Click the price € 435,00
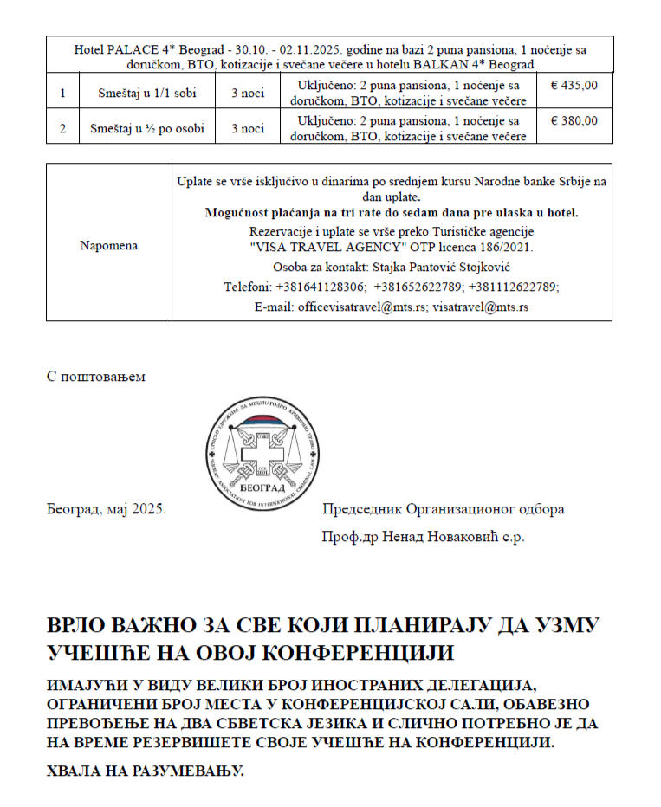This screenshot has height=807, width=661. click(x=574, y=86)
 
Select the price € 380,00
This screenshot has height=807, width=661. click(x=574, y=121)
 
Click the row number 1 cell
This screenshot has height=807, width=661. click(x=62, y=93)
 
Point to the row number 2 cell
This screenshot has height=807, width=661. click(x=62, y=128)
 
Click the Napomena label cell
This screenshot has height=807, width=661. click(x=108, y=245)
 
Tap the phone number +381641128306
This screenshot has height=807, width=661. click(x=321, y=287)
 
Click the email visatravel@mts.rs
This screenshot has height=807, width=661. click(x=481, y=307)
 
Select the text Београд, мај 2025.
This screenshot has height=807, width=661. click(x=106, y=509)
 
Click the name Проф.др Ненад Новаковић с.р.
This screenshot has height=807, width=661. click(x=423, y=537)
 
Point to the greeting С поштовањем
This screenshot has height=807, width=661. click(x=96, y=377)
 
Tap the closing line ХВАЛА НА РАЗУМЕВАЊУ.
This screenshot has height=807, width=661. click(x=145, y=770)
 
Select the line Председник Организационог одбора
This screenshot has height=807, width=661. click(x=443, y=509)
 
